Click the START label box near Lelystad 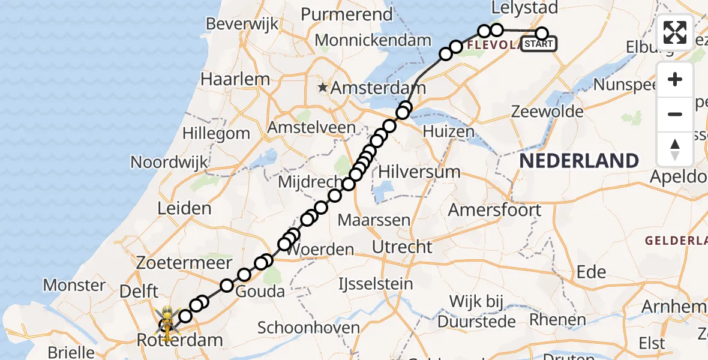coord(539,44)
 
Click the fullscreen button coord(675,32)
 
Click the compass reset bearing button coord(675,149)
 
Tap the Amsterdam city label coord(379,88)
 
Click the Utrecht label coord(402,247)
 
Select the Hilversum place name coord(419,172)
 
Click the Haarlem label coord(235,79)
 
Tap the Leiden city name coord(184,209)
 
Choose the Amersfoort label coord(495,210)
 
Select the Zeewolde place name coord(548,112)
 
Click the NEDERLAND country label coord(579,161)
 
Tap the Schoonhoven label coord(308,328)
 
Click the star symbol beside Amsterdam coord(323,88)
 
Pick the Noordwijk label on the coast coord(169,162)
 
